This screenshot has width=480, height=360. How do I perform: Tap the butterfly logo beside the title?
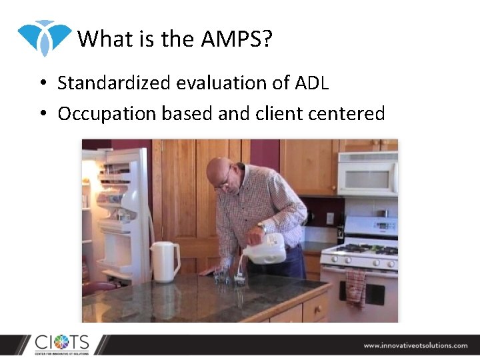pyautogui.click(x=45, y=37)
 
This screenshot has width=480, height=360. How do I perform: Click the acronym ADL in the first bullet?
pyautogui.click(x=311, y=83)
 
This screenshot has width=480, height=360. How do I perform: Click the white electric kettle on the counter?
pyautogui.click(x=165, y=261)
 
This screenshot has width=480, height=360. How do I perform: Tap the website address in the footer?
pyautogui.click(x=415, y=345)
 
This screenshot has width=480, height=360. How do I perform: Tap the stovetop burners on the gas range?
pyautogui.click(x=360, y=250)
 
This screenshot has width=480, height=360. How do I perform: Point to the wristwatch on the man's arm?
pyautogui.click(x=262, y=228)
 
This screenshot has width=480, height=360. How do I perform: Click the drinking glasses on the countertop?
pyautogui.click(x=230, y=278)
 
